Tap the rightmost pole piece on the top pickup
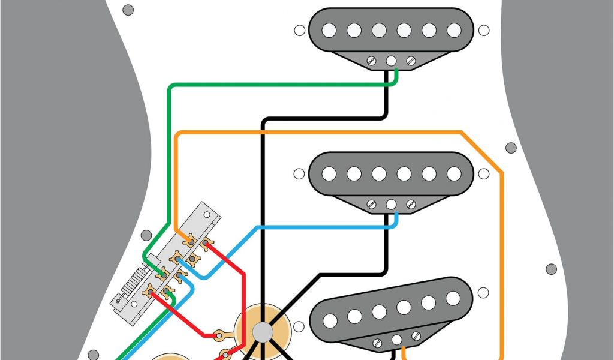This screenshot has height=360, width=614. (454, 29)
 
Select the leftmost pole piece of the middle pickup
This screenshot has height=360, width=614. (329, 173)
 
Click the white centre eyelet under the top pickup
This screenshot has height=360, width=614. (391, 61)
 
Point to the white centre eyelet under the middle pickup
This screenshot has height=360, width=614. (391, 205)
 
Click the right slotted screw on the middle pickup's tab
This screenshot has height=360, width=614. (411, 205)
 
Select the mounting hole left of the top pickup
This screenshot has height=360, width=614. (299, 29)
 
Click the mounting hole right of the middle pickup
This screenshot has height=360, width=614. (484, 174)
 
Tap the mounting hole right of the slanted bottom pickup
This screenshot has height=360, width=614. (483, 293)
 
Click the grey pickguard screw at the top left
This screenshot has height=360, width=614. (128, 10)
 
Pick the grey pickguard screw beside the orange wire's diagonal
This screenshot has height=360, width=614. (511, 148)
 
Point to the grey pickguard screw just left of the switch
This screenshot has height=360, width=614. (146, 236)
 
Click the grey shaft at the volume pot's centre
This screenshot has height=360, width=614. (262, 331)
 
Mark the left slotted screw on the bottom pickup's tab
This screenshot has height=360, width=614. (378, 343)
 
